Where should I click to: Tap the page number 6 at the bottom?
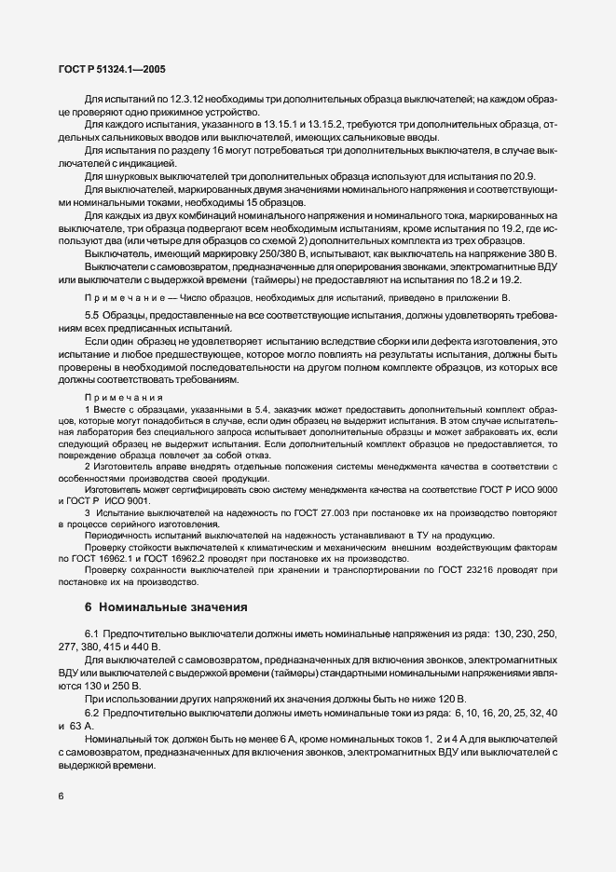pyautogui.click(x=61, y=795)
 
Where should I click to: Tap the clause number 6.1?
pyautogui.click(x=94, y=634)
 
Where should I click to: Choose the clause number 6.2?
pyautogui.click(x=94, y=711)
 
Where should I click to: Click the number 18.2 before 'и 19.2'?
pyautogui.click(x=471, y=278)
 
